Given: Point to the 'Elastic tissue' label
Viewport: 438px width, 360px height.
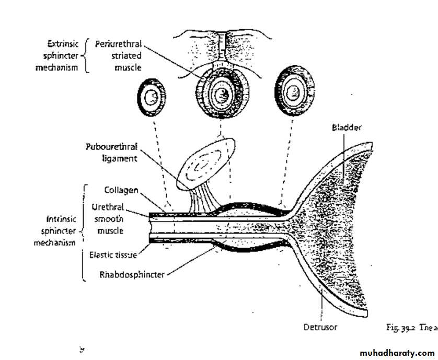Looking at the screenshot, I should pos(113,255).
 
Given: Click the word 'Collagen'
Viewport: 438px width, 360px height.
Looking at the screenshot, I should pos(121,190).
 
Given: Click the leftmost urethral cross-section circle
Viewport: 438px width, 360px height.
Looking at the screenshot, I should pos(152,98).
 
